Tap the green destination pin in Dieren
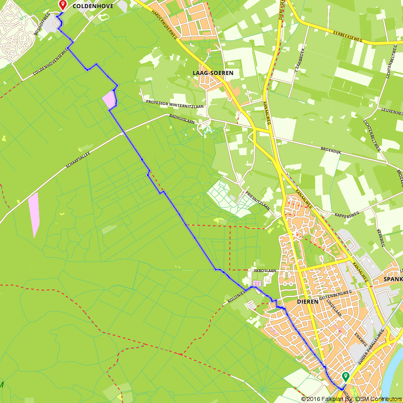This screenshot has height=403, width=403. pyautogui.click(x=345, y=377)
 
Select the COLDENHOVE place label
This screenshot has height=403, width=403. pyautogui.click(x=93, y=6)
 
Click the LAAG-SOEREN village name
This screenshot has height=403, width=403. pyautogui.click(x=213, y=73)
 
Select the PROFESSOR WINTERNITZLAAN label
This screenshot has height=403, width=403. pyautogui.click(x=174, y=104)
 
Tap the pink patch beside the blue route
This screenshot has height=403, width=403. pyautogui.click(x=109, y=99)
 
